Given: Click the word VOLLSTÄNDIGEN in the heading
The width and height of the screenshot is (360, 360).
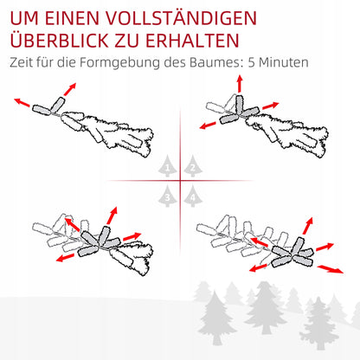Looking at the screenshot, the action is (181, 17).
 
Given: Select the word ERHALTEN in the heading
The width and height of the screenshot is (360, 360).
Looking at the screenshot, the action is (192, 41).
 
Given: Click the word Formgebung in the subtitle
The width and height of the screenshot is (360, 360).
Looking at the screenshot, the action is (119, 62).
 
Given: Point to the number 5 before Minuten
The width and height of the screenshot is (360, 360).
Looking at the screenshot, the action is (251, 62).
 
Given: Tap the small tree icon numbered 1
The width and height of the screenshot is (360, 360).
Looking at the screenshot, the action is (168, 166).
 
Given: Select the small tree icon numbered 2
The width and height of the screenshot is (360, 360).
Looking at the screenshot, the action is (193, 166).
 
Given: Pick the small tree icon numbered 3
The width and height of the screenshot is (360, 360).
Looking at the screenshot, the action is (168, 196).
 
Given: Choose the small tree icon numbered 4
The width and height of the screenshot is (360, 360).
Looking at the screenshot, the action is (193, 196).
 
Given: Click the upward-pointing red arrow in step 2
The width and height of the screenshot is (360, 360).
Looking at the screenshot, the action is (240, 84).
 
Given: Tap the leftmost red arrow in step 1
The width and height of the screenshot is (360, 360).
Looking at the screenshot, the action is (22, 102).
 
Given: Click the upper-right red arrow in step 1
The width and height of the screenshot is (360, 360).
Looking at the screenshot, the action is (70, 89).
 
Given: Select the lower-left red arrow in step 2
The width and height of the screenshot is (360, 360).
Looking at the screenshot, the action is (208, 125).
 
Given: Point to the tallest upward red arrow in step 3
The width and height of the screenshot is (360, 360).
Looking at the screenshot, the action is (112, 215).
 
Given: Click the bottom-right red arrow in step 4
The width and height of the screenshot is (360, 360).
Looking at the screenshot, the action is (331, 269).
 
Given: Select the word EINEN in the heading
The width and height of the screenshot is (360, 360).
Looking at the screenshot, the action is (72, 18).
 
